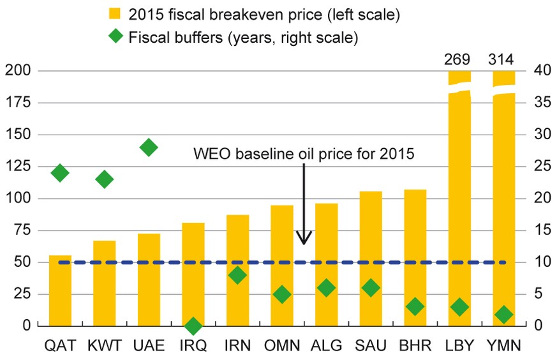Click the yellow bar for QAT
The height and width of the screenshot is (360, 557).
[x=60, y=290]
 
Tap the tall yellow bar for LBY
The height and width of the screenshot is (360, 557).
[x=458, y=204]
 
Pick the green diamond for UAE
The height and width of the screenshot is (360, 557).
[x=149, y=147]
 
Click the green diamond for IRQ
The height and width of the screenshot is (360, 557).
[x=193, y=326]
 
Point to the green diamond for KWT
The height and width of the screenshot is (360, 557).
[x=104, y=179]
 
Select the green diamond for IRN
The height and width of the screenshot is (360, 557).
[x=237, y=275]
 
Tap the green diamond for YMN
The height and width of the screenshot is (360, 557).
[x=503, y=314]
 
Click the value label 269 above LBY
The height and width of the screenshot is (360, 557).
[x=458, y=60]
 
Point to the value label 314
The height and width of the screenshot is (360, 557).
[x=503, y=60]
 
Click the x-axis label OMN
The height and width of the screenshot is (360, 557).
[x=282, y=346]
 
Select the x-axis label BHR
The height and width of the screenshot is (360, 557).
[x=415, y=346]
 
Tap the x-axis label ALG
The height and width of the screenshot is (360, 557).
[x=326, y=346]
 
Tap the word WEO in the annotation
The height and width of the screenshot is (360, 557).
[x=213, y=154]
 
